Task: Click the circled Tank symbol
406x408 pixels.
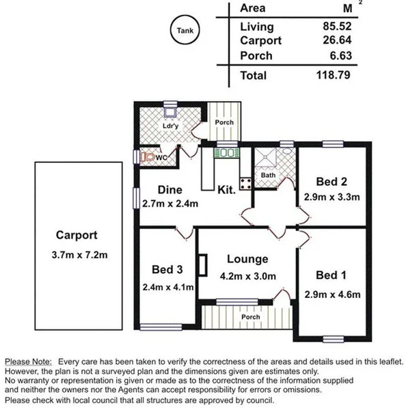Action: pos(185,31)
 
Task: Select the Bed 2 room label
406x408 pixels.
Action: pos(332,182)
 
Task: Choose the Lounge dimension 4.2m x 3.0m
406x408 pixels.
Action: pos(248,276)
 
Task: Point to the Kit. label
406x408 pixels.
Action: pos(226,190)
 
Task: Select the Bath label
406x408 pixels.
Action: pos(268,175)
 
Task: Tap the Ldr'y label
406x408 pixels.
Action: pos(171,126)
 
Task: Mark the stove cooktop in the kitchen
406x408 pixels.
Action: pos(245,182)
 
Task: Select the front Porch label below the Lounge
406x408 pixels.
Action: pos(250,317)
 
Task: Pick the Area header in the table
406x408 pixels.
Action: pos(253,8)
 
